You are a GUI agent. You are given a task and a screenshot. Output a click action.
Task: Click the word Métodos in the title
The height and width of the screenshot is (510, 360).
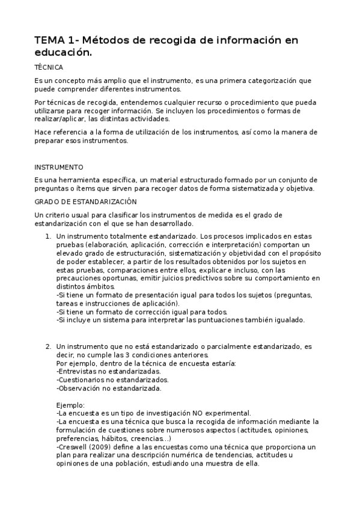[x=101, y=40]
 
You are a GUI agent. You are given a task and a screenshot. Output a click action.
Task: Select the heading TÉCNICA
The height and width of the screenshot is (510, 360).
[x=49, y=68]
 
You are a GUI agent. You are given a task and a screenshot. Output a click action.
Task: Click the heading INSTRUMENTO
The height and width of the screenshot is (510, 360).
[x=59, y=167]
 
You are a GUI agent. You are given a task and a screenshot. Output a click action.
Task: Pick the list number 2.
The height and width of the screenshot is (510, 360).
[x=48, y=347]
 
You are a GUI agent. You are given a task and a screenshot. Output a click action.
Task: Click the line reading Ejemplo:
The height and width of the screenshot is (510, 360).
[x=70, y=405]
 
